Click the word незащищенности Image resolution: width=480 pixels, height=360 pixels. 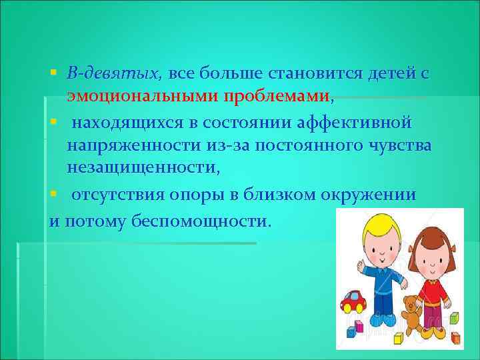pos(139,169)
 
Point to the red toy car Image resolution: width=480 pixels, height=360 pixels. pos(353,302)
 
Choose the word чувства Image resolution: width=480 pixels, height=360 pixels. pos(394,146)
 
